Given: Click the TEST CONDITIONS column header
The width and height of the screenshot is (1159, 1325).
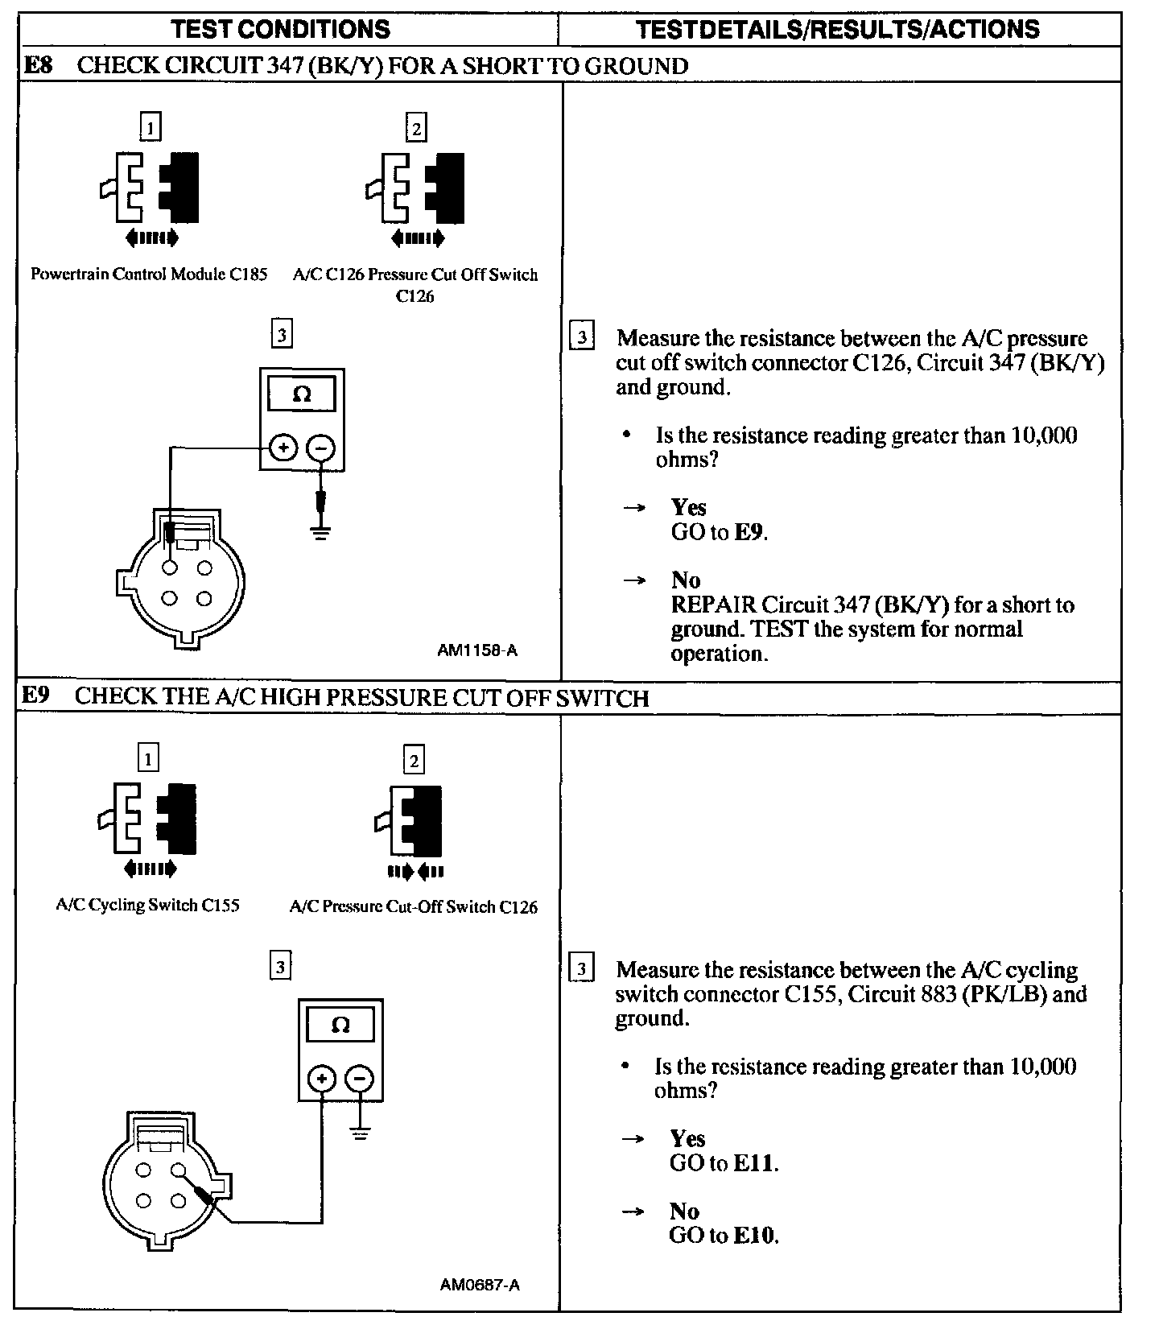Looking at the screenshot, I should click(x=280, y=30).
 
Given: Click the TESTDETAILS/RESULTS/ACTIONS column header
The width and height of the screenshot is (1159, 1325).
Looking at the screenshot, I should click(x=837, y=30).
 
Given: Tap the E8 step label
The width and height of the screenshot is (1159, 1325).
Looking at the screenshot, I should click(x=39, y=65).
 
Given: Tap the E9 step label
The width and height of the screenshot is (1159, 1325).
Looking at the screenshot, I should click(x=37, y=696).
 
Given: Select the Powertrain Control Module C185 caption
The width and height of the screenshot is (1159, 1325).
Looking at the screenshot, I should click(x=149, y=274).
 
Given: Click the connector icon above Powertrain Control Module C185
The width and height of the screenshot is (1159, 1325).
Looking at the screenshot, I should click(x=151, y=187).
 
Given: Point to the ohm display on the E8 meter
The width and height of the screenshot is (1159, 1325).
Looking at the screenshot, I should click(x=302, y=394).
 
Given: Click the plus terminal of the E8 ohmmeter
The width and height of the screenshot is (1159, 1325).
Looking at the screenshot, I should click(x=283, y=447).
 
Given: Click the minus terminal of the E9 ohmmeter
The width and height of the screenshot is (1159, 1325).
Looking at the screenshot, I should click(x=360, y=1079).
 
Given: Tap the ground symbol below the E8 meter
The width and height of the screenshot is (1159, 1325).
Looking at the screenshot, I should click(x=321, y=532).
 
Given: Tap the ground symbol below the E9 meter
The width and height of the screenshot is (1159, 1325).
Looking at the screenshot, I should click(x=360, y=1134).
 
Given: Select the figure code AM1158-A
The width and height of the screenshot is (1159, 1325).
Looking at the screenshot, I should click(x=476, y=650).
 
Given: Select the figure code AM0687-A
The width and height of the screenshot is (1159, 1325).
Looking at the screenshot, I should click(x=479, y=1285).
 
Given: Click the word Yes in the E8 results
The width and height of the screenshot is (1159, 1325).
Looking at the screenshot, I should click(x=688, y=507).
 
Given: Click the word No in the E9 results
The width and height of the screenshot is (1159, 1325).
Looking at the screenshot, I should click(x=684, y=1211).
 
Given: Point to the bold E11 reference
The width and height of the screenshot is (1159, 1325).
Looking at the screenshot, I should click(x=755, y=1163).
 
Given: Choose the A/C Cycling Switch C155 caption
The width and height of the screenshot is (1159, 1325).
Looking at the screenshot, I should click(x=147, y=905).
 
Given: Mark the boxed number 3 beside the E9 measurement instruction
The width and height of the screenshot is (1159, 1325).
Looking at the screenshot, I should click(x=581, y=968).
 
